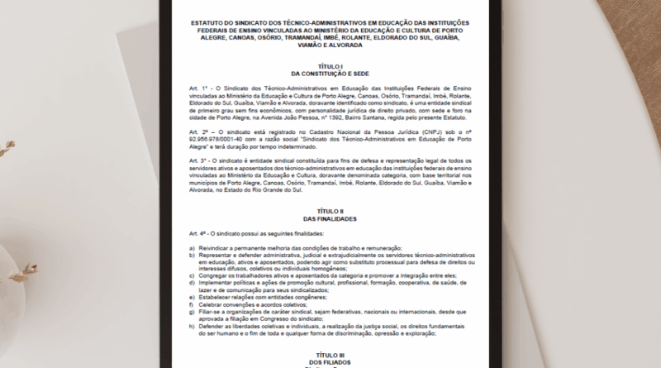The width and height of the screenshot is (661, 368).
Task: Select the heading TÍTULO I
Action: click(329, 65)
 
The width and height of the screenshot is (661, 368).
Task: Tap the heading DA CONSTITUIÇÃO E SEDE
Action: click(329, 72)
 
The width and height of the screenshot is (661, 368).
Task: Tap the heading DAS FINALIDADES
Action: click(329, 218)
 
